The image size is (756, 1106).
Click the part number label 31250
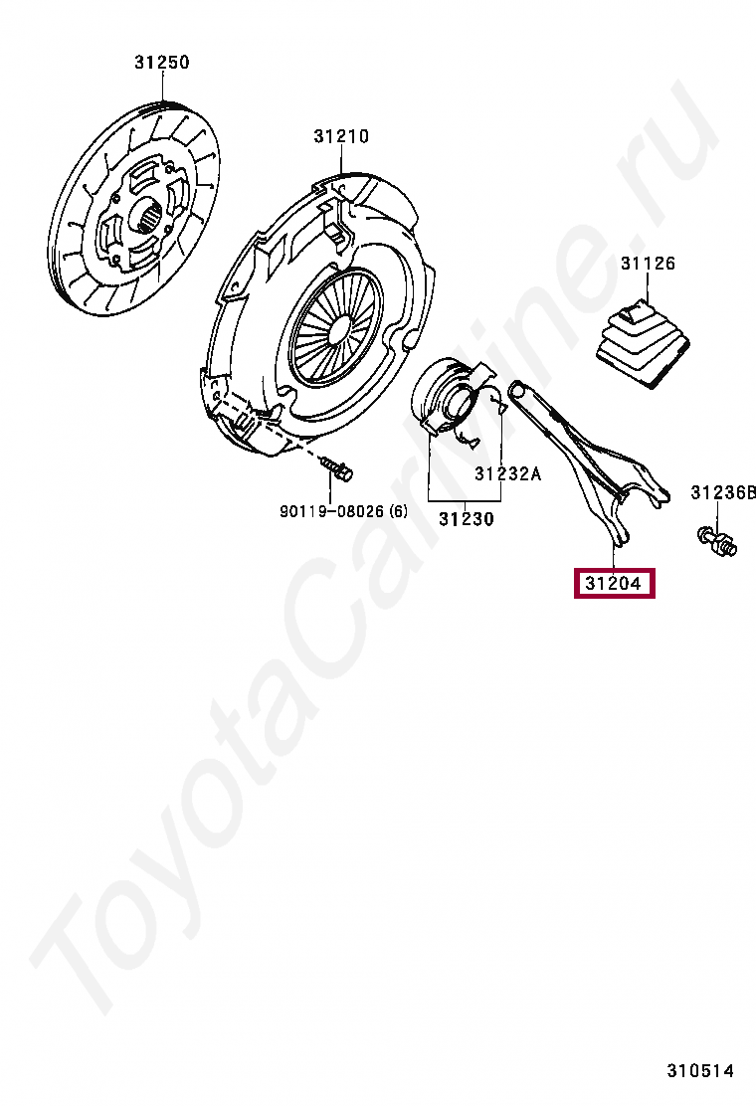162,63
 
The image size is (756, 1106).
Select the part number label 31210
341,136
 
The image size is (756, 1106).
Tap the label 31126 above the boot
648,264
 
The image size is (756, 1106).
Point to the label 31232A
507,473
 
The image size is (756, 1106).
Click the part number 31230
467,518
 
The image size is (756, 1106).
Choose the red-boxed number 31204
613,583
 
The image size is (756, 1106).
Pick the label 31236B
723,492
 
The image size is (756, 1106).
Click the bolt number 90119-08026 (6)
343,511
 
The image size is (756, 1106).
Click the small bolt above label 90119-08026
338,469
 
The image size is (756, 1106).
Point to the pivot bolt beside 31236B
716,541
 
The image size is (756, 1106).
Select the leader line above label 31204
613,556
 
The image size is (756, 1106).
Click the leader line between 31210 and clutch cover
341,160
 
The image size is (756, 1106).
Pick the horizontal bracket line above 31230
467,499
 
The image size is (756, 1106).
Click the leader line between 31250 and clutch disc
162,89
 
